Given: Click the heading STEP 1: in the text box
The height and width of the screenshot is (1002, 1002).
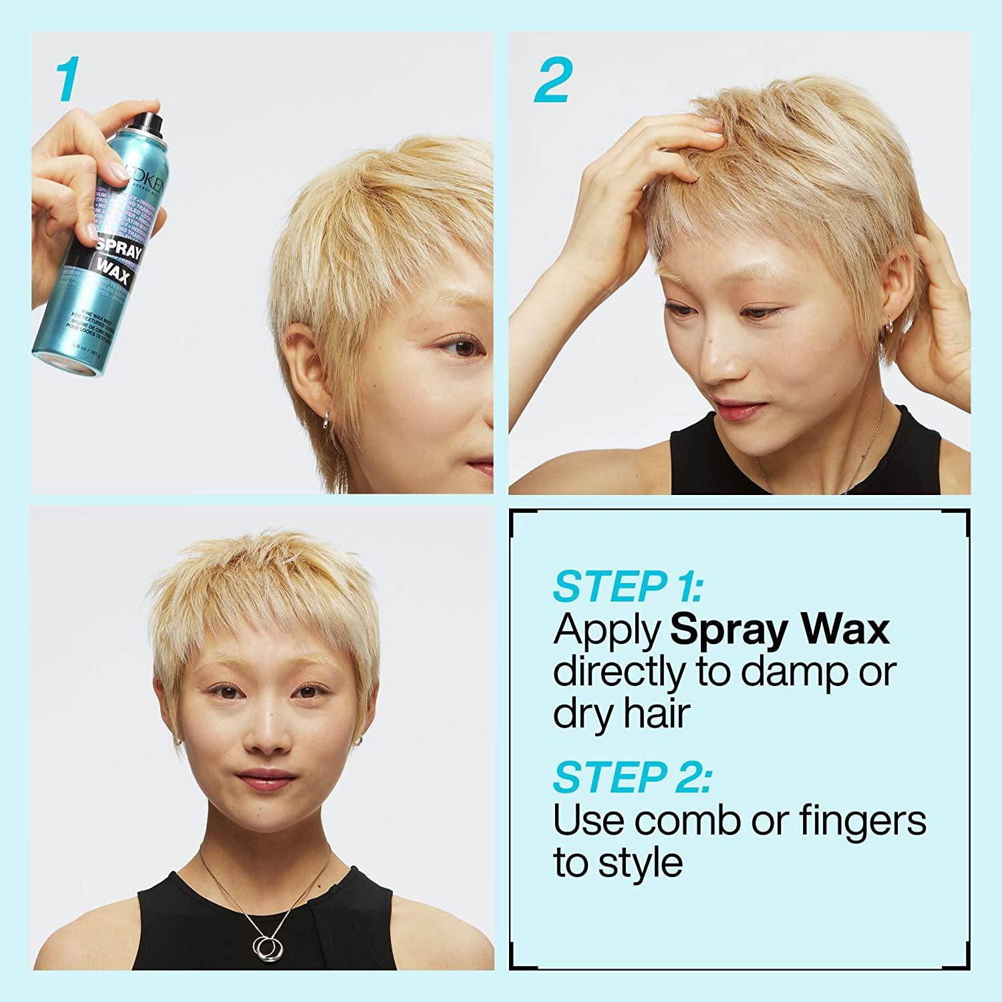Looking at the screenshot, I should [x=628, y=587].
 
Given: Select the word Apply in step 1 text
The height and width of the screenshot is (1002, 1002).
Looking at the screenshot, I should [x=607, y=631].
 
